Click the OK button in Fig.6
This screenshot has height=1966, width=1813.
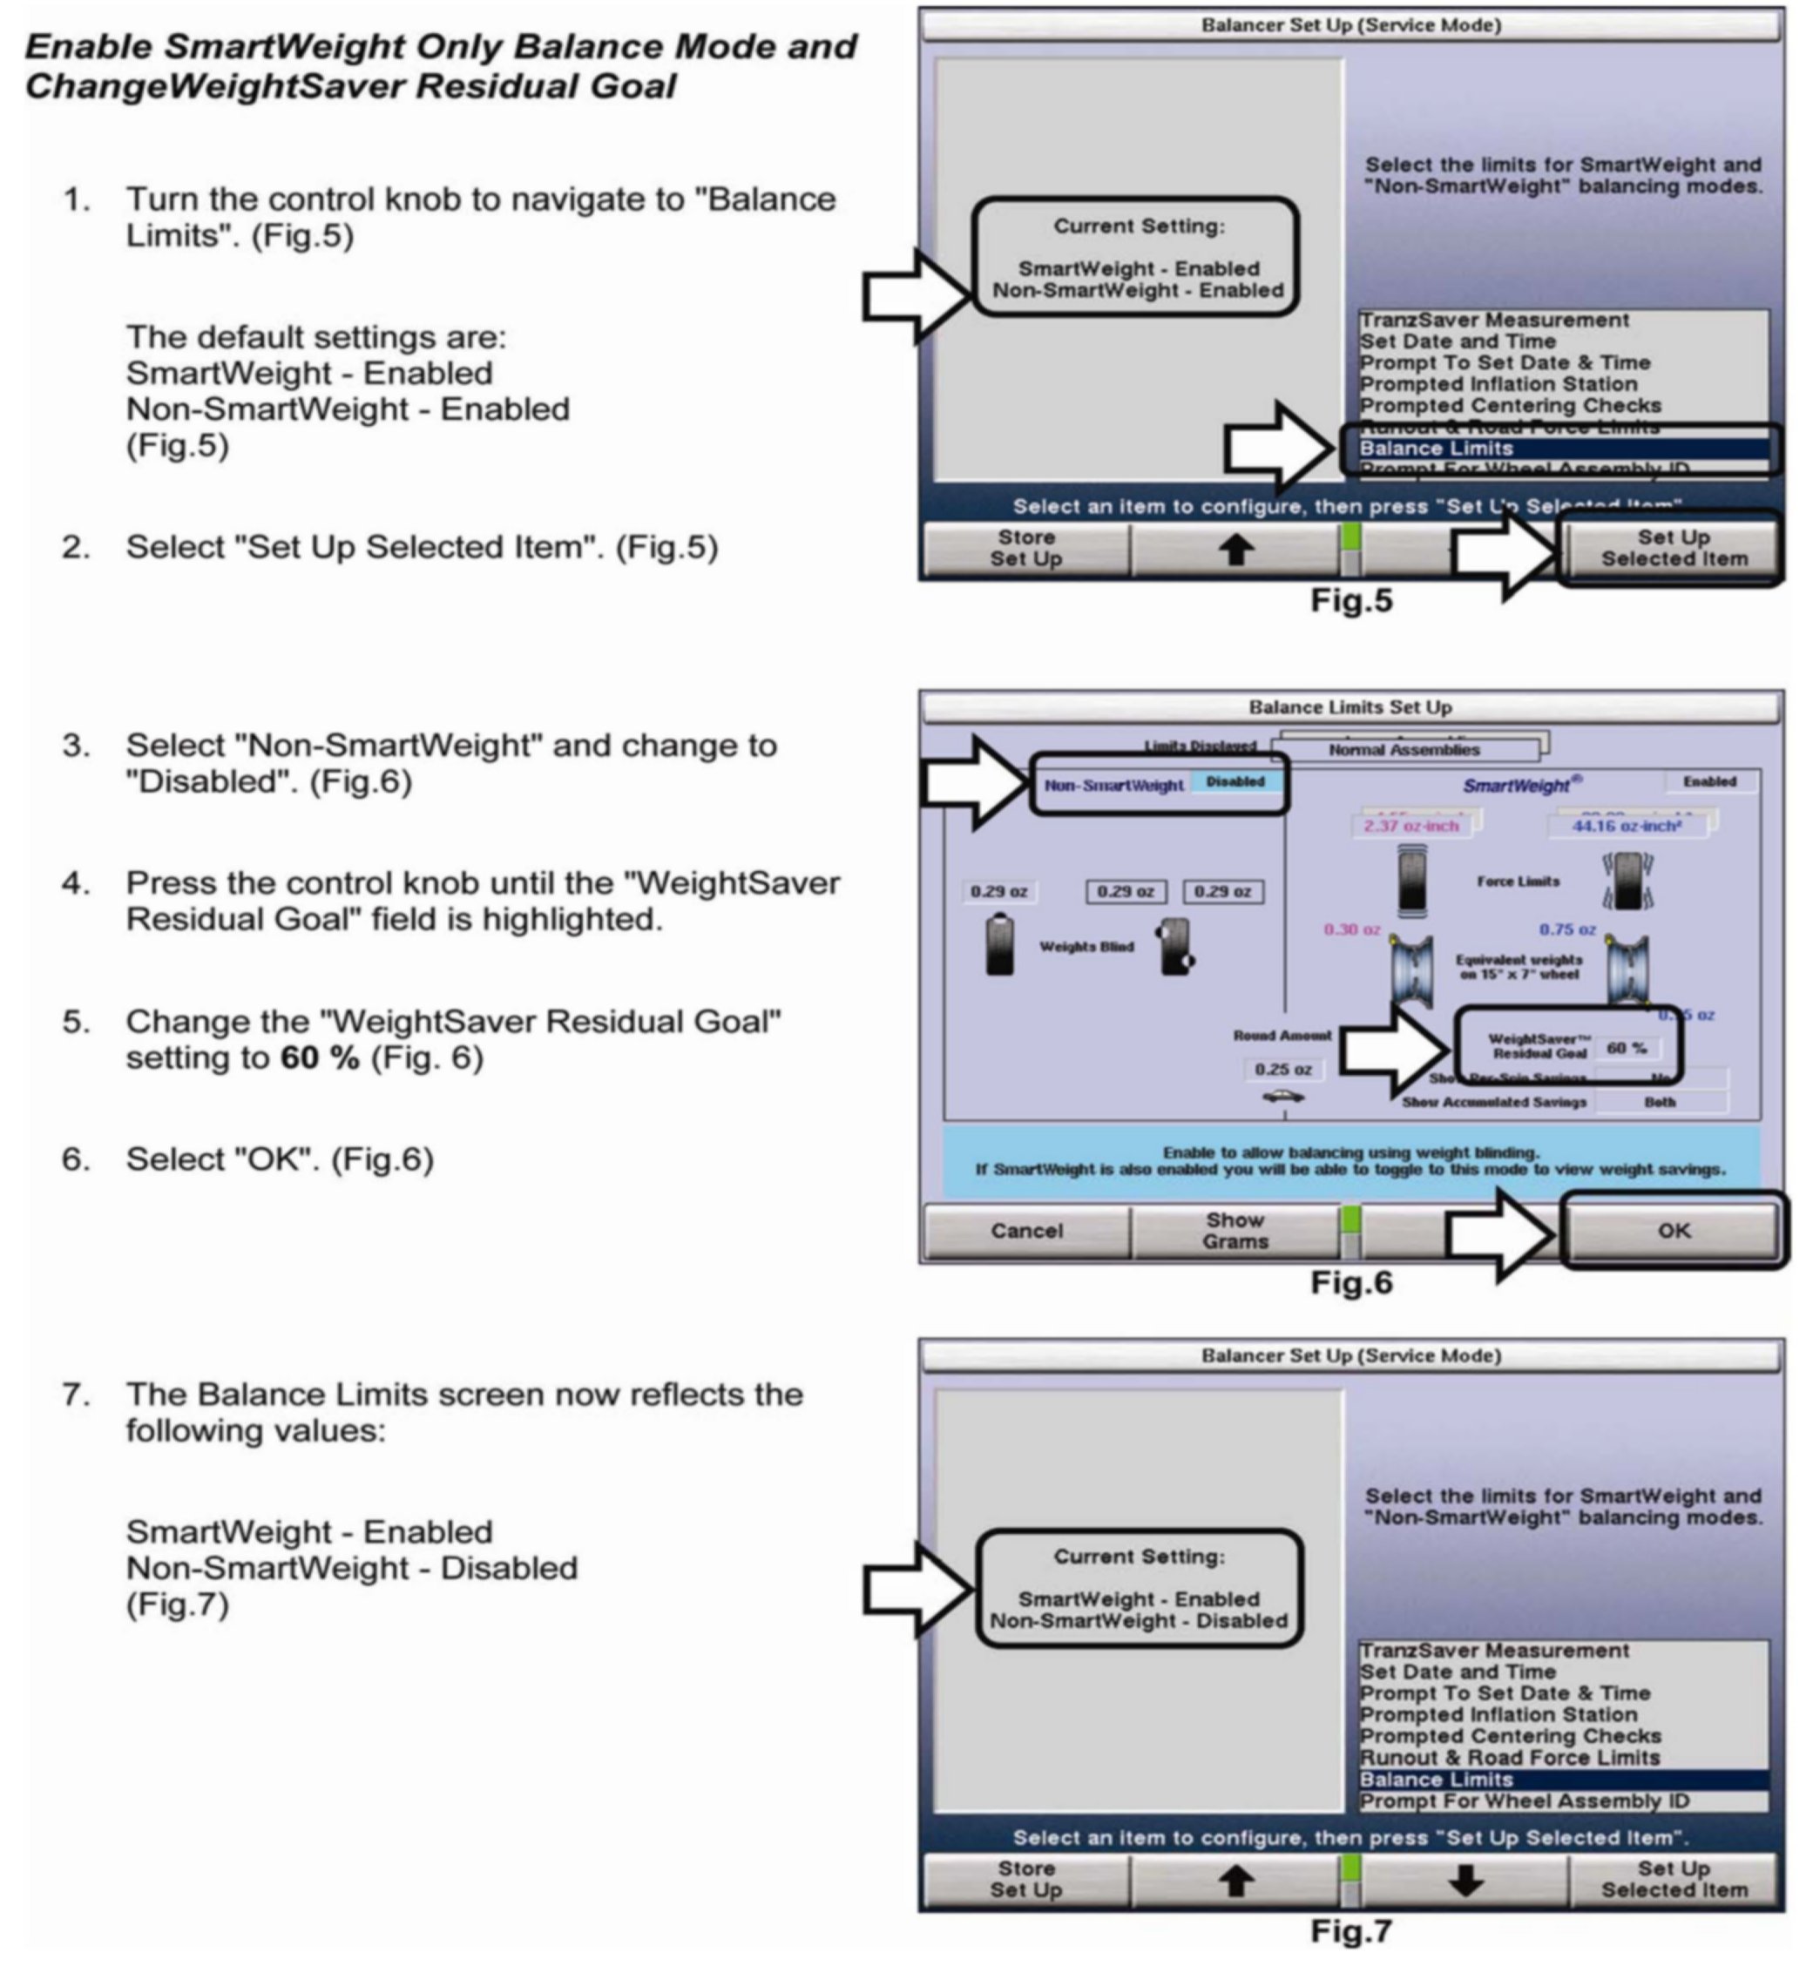point(1673,1230)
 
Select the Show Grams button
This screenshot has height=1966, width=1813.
point(1235,1230)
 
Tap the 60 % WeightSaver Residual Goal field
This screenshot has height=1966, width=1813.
point(1626,1048)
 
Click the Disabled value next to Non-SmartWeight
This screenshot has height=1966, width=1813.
point(1235,782)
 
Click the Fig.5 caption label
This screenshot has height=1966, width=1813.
point(1351,600)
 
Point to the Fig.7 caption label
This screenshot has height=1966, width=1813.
point(1351,1930)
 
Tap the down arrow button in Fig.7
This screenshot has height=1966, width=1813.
point(1465,1880)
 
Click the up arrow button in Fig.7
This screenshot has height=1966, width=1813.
point(1235,1880)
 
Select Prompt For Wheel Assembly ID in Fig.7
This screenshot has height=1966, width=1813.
point(1524,1801)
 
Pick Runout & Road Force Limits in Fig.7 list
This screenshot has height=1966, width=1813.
point(1509,1758)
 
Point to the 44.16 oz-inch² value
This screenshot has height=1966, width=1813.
point(1627,826)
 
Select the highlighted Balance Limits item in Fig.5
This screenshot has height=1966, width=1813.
point(1437,449)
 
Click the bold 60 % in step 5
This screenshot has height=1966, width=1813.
point(320,1057)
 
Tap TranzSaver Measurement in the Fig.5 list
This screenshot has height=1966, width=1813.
point(1493,321)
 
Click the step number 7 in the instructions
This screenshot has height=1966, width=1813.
point(76,1394)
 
